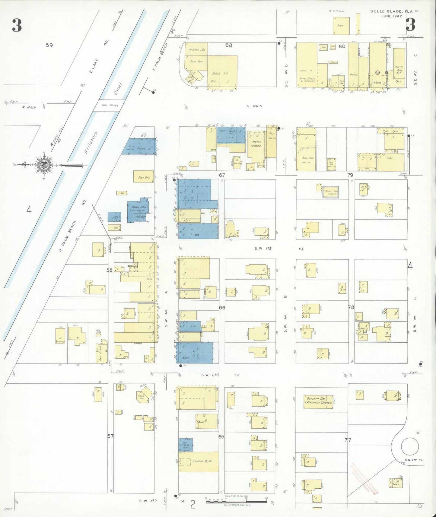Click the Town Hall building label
click(x=139, y=208)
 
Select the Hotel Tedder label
click(x=256, y=144)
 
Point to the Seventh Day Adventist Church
click(x=319, y=401)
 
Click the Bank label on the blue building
click(x=186, y=358)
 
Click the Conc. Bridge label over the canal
click(x=110, y=106)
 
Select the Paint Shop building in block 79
click(x=331, y=192)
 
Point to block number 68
click(x=229, y=45)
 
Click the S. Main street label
click(x=254, y=106)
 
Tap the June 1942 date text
click(x=391, y=16)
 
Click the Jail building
click(x=114, y=217)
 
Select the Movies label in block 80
click(x=378, y=82)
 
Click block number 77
click(x=348, y=440)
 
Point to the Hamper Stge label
click(x=197, y=50)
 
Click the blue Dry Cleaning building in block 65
click(x=185, y=445)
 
